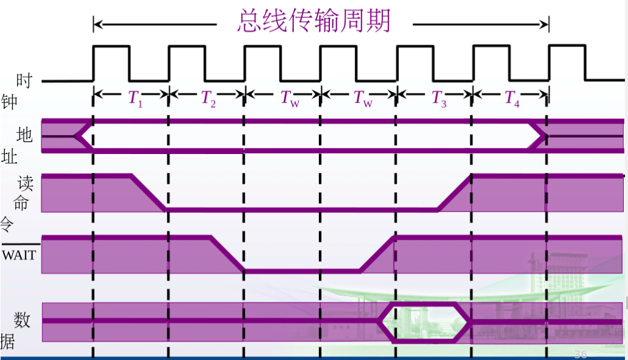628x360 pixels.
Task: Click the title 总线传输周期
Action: click(313, 23)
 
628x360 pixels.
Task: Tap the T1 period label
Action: click(135, 98)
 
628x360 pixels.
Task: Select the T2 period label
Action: click(209, 98)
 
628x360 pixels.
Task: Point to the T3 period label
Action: click(439, 98)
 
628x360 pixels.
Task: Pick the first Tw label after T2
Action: click(290, 98)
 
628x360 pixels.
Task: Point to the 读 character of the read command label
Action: click(25, 184)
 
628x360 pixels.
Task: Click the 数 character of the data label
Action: click(23, 320)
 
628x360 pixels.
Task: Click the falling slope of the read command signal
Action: click(148, 193)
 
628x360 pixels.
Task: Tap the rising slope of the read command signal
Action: click(455, 193)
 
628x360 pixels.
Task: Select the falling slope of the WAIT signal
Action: click(227, 253)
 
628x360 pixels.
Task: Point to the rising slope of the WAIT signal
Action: click(377, 253)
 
